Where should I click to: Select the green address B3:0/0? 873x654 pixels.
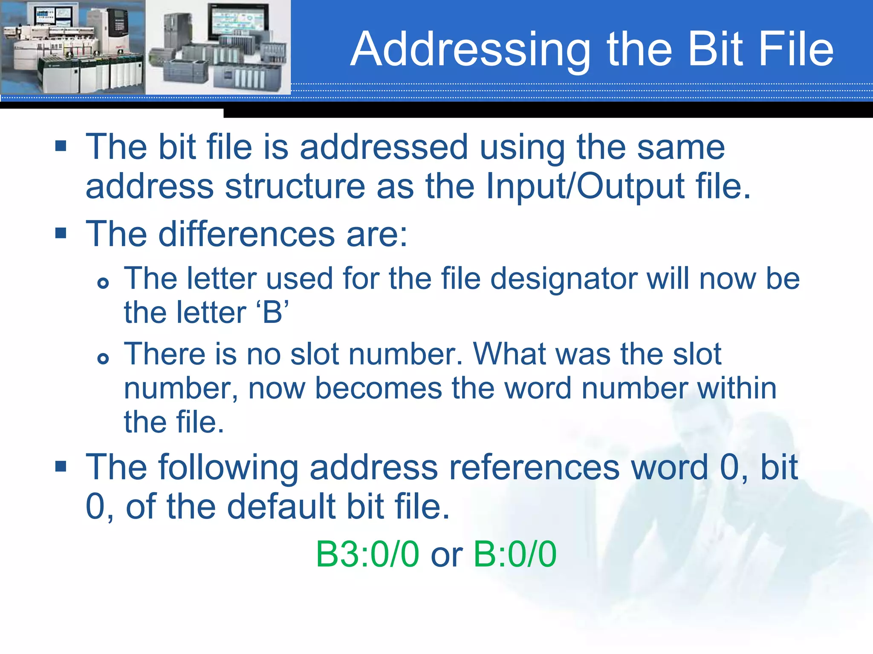click(367, 554)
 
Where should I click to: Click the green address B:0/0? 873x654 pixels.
click(515, 554)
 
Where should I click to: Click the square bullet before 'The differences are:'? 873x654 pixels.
click(61, 233)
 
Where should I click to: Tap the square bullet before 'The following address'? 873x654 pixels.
click(61, 466)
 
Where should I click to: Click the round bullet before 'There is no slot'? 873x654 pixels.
click(103, 359)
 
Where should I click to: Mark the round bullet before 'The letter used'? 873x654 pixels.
click(103, 283)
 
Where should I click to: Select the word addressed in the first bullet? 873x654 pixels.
click(384, 147)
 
